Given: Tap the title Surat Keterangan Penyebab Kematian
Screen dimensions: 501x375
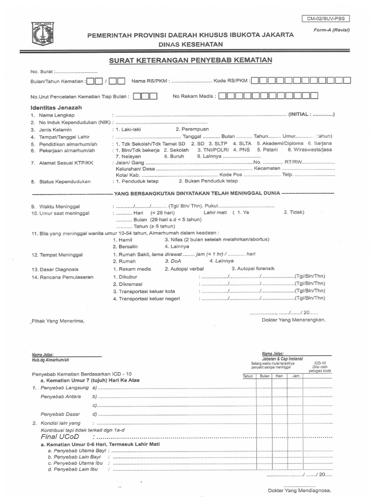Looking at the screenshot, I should click(190, 60).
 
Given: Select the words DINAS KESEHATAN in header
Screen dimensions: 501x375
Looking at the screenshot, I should click(190, 44).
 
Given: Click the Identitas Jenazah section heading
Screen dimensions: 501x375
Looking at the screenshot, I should click(56, 107).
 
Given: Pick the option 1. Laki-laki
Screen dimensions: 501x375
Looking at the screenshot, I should click(127, 129).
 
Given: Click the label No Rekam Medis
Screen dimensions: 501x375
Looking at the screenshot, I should click(194, 96).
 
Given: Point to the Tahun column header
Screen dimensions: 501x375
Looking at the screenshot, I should click(248, 375).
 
